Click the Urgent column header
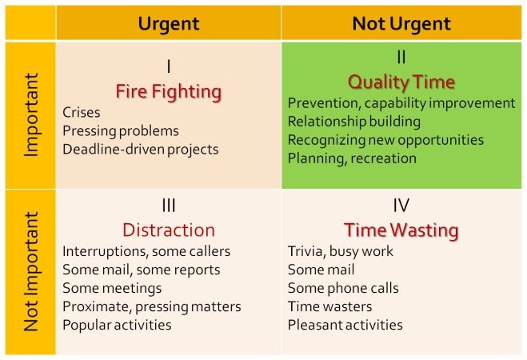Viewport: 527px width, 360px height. (x=169, y=24)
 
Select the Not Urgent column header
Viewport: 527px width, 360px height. (x=401, y=23)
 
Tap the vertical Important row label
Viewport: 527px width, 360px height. (x=31, y=115)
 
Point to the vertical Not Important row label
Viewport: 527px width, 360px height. (x=31, y=271)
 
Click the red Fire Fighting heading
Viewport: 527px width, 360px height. (x=169, y=92)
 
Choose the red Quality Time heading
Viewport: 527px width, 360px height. (x=401, y=82)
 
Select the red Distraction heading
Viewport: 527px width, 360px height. (x=169, y=230)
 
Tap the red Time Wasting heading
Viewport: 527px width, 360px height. (x=401, y=230)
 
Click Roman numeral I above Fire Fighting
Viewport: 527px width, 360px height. (x=169, y=66)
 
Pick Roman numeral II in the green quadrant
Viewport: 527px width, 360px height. (x=401, y=57)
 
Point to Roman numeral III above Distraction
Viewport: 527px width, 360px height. (x=169, y=205)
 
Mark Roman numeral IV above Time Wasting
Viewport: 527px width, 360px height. (x=401, y=205)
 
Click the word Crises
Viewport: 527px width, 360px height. (x=82, y=112)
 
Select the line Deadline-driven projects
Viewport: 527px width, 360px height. (x=141, y=150)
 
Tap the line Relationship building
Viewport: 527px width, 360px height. (x=354, y=122)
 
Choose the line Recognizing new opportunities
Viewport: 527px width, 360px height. (x=385, y=140)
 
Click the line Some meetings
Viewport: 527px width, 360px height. (x=112, y=289)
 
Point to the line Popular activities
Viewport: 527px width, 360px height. (x=117, y=325)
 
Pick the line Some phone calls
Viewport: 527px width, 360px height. (x=343, y=288)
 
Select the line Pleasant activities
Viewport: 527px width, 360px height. (x=345, y=325)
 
